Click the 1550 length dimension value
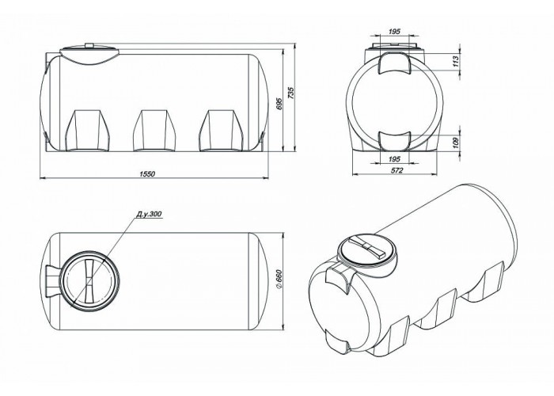tap(147, 174)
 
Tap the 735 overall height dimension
tap(290, 93)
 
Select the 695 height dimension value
tap(279, 103)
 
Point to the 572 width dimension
tap(397, 170)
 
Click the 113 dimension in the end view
tap(455, 62)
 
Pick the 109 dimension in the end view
tap(455, 143)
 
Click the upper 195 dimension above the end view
tap(394, 32)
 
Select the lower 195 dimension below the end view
tap(394, 159)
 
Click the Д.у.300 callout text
tap(149, 215)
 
